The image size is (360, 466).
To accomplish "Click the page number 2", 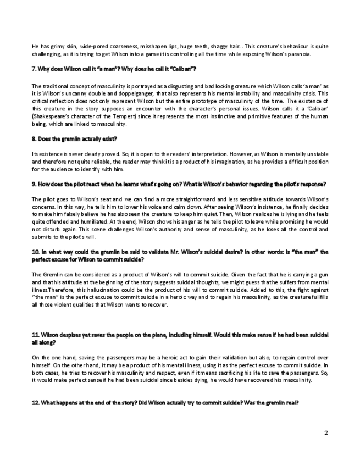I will (326, 433).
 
